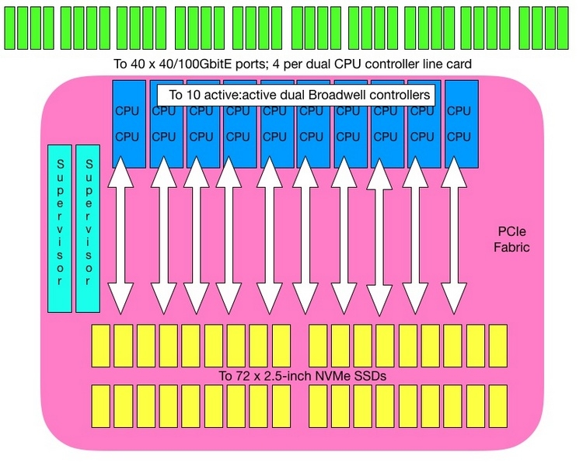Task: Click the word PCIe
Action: (511, 231)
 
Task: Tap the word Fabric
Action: (511, 247)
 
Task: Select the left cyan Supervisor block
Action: (60, 228)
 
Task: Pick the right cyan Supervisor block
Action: (88, 228)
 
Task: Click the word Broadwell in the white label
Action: (337, 95)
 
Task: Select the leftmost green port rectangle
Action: (9, 28)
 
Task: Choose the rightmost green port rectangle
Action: (563, 28)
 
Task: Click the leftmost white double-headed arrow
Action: (120, 235)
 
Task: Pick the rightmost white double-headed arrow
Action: (454, 235)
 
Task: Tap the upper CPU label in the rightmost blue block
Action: (459, 111)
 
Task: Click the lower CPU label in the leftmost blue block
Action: (127, 137)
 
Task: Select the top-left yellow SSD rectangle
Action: (100, 346)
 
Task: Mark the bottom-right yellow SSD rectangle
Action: (498, 406)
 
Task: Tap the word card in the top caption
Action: (459, 64)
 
